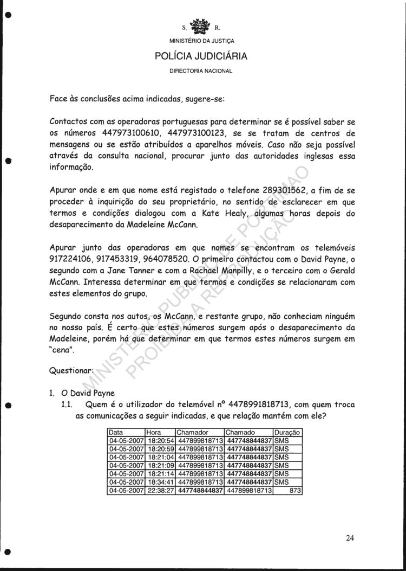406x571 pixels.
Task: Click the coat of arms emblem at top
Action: [x=201, y=25]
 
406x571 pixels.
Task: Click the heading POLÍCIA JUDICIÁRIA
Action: [x=201, y=56]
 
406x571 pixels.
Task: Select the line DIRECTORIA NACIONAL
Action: [x=201, y=71]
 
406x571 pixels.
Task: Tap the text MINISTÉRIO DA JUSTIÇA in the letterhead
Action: [x=201, y=41]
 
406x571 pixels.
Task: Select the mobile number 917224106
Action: [x=76, y=259]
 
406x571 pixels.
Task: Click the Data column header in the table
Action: [x=115, y=433]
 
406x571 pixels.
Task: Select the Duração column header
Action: [x=287, y=433]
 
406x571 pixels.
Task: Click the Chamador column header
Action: [x=192, y=433]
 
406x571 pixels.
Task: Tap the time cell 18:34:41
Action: [x=160, y=482]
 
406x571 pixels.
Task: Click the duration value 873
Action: [x=295, y=490]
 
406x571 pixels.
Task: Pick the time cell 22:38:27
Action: [x=160, y=490]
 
